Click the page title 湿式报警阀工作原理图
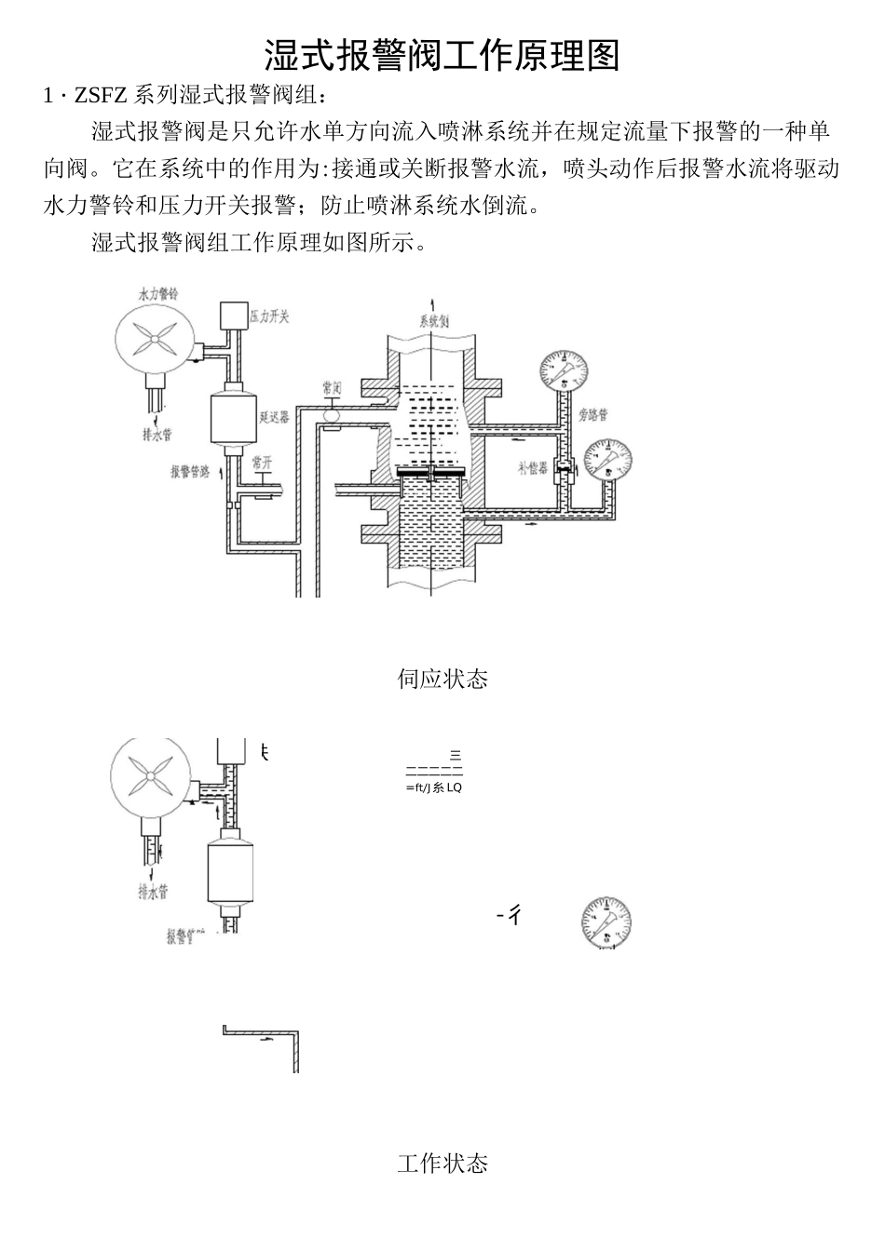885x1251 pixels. [x=442, y=55]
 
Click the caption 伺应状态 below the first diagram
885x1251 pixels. [x=442, y=679]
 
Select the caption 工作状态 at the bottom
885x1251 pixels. [x=442, y=1163]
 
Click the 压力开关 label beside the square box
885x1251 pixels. [x=269, y=316]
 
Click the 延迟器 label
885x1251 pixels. [x=274, y=416]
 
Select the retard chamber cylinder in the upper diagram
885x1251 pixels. [x=232, y=419]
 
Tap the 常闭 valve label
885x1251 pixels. [x=332, y=385]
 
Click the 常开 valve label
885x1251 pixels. [x=262, y=462]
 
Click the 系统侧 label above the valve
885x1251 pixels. [x=433, y=322]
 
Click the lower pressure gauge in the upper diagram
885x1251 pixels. [x=606, y=458]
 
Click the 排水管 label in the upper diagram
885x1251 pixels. [x=156, y=434]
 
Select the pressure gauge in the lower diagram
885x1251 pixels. [x=606, y=923]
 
